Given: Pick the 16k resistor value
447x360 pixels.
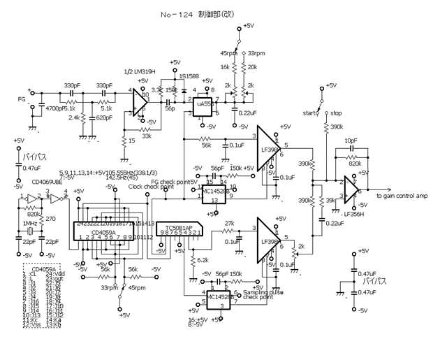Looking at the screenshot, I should (x=225, y=68).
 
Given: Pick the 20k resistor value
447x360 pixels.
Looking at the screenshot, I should (x=252, y=68).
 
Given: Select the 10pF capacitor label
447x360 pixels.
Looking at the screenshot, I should (x=351, y=141).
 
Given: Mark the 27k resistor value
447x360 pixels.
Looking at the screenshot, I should (x=228, y=225).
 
